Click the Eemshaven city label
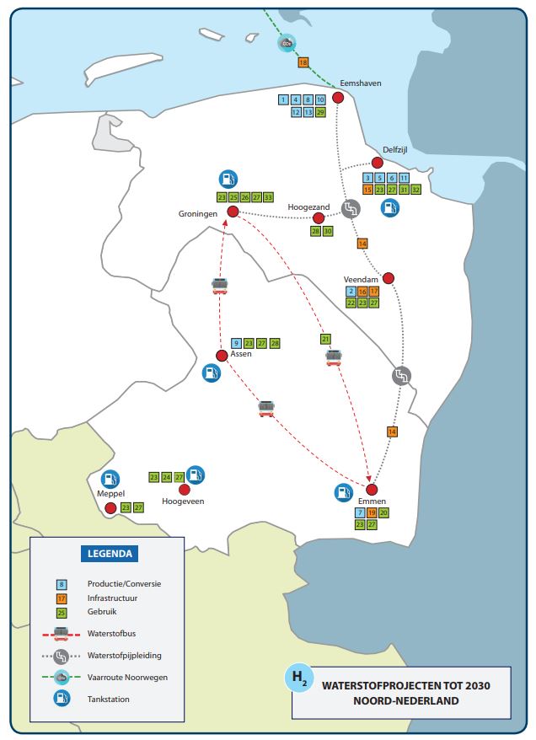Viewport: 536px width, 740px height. pos(361,83)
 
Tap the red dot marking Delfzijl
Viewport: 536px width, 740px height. pos(377,163)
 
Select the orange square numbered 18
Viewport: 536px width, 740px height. pos(303,62)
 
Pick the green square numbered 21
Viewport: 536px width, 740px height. pos(325,339)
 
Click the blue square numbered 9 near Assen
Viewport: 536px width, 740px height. pos(236,343)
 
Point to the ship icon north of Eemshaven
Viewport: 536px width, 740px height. pos(287,43)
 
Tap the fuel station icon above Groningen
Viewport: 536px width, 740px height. pos(228,179)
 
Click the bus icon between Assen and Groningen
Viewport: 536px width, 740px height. pos(220,286)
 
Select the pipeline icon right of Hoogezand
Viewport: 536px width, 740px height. pos(351,208)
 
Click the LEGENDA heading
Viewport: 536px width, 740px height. pos(110,554)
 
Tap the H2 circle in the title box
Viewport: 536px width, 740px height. pos(299,678)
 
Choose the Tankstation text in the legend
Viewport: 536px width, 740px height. pos(108,699)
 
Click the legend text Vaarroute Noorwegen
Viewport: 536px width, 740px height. pos(127,678)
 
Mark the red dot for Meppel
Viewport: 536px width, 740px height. pos(110,508)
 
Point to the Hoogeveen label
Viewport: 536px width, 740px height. pos(183,501)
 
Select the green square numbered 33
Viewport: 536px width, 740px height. pos(268,197)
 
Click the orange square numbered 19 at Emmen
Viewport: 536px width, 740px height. pos(372,513)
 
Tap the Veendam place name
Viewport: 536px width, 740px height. pos(361,279)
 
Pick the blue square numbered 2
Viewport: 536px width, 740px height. pos(351,291)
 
